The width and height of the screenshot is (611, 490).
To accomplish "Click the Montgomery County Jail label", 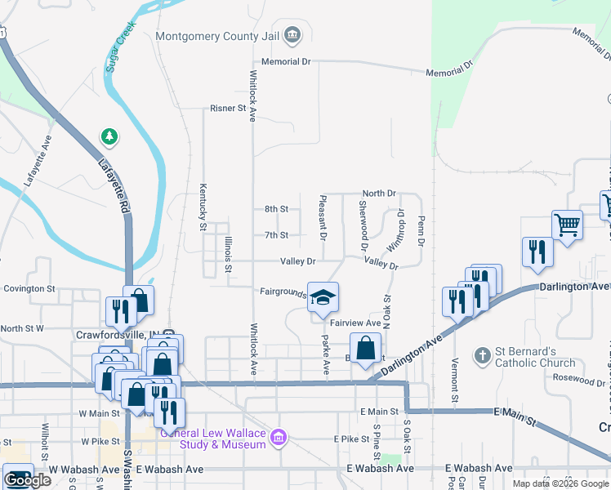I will click(219, 36).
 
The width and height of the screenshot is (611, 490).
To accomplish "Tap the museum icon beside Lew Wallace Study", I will click(279, 438).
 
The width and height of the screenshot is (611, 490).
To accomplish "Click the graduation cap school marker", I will click(323, 297).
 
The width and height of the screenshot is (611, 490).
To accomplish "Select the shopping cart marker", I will click(567, 224).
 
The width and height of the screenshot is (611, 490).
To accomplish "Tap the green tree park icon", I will click(108, 135).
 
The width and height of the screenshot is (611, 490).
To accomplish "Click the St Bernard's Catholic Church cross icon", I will click(483, 355).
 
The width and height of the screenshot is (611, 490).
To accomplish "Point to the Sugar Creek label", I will click(119, 51).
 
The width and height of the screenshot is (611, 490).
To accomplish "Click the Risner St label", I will click(228, 108).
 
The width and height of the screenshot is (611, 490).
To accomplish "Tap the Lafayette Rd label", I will click(115, 187).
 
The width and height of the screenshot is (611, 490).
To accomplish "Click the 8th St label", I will click(276, 209).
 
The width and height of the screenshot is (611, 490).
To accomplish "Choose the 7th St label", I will click(276, 235).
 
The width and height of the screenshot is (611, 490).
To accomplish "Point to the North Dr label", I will click(379, 194).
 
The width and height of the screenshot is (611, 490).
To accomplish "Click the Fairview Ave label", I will click(356, 323).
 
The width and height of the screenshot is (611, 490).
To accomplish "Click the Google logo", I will click(27, 480).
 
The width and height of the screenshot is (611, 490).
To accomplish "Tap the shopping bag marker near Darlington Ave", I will click(365, 349).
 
